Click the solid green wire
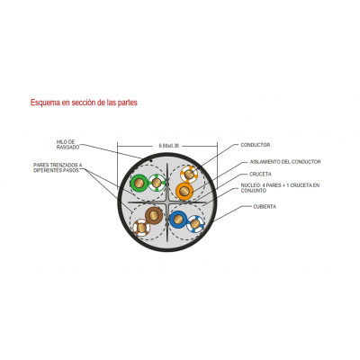tap(139, 183)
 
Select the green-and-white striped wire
tap(157, 183)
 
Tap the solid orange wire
tap(184, 191)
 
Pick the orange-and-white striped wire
tap(189, 174)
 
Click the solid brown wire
tap(154, 215)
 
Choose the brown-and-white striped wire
tap(141, 228)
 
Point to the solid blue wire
tap(178, 220)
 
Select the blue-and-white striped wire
tap(195, 223)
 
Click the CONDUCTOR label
tap(256, 145)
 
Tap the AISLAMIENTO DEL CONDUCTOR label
tap(285, 162)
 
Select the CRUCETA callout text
tap(260, 174)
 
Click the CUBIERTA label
tap(265, 207)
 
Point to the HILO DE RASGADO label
tap(67, 145)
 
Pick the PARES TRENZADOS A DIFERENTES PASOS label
tap(58, 167)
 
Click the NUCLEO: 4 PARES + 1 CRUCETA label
tap(280, 188)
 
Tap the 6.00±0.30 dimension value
tap(169, 146)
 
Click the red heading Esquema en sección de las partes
tap(84, 103)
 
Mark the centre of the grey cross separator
tap(167, 202)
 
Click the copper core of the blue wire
tap(178, 220)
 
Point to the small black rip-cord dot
tap(151, 161)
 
